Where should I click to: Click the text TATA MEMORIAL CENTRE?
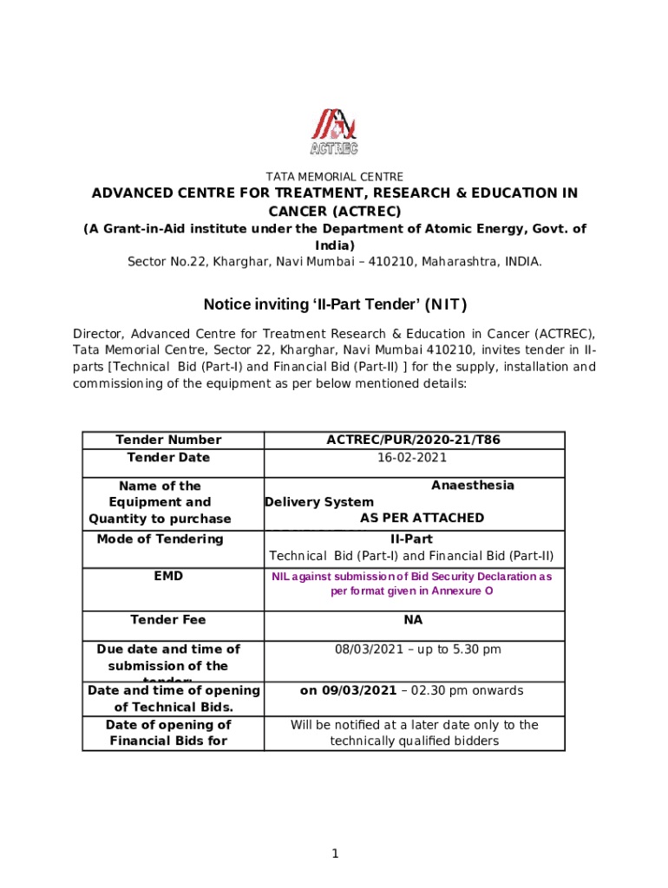(334, 177)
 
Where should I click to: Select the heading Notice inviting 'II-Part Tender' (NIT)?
(335, 304)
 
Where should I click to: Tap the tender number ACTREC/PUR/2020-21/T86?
(413, 440)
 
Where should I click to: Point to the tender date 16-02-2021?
(413, 457)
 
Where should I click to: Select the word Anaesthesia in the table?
(472, 486)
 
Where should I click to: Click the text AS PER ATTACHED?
(422, 518)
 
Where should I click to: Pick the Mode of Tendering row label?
(160, 539)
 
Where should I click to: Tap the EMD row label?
(169, 575)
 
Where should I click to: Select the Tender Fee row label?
(168, 619)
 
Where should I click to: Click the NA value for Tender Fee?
(413, 619)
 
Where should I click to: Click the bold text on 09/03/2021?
(348, 691)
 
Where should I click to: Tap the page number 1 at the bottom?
(334, 854)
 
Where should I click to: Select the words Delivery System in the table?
(319, 502)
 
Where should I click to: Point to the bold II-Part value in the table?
(413, 539)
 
